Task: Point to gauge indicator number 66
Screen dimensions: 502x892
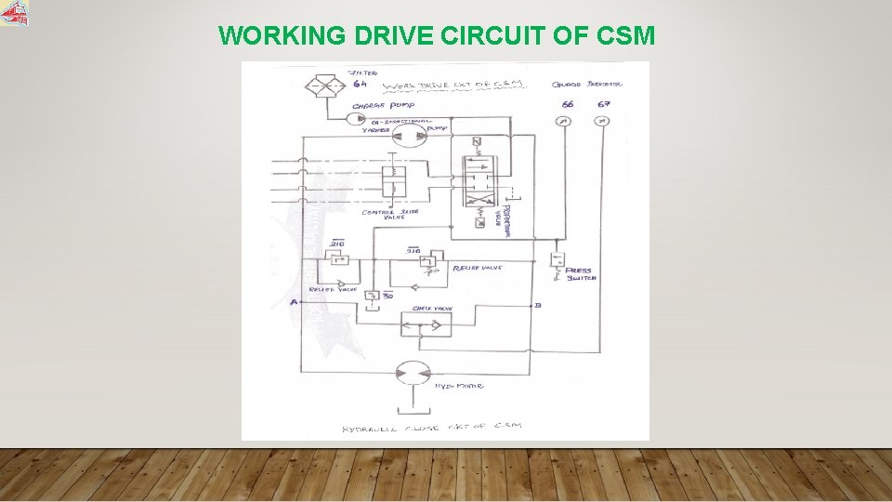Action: tap(567, 104)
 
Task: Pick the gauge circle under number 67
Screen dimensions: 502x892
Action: tap(602, 122)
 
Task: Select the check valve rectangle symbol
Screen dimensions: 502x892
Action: tap(426, 324)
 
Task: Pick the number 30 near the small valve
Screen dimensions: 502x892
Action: tap(388, 295)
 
